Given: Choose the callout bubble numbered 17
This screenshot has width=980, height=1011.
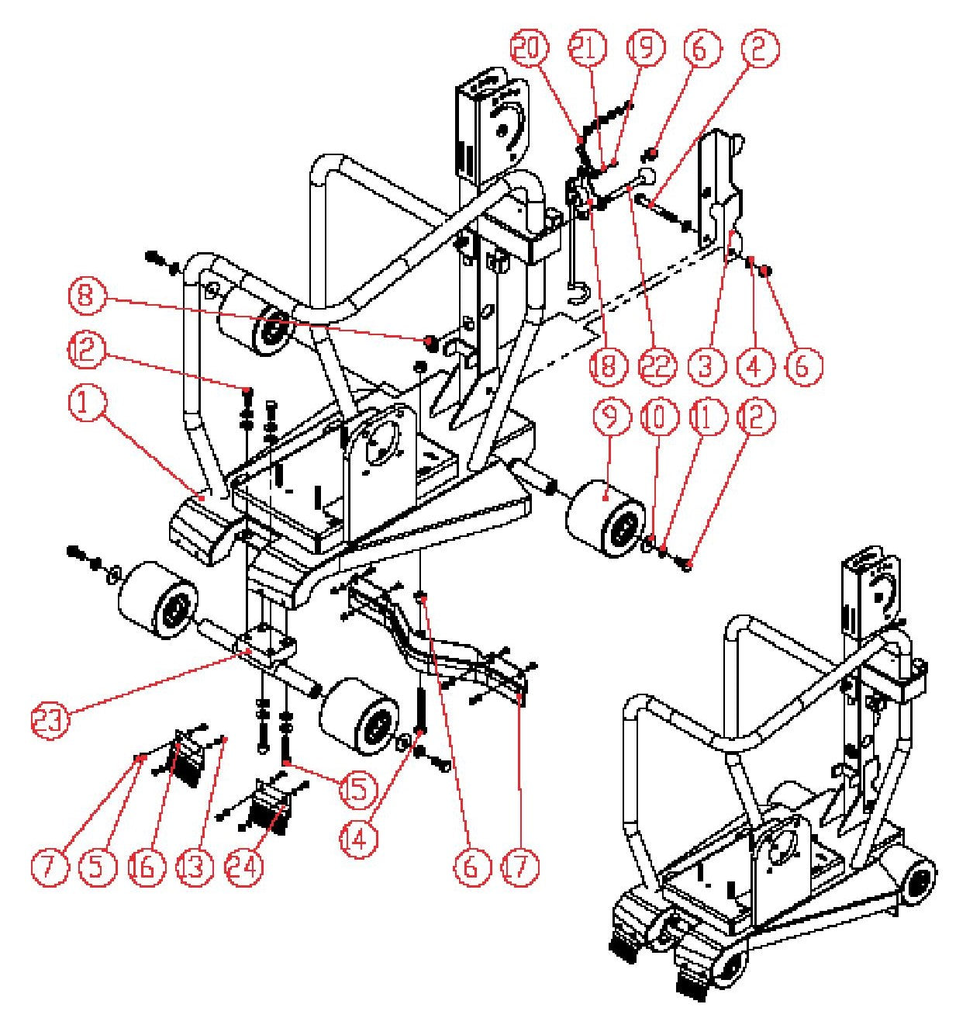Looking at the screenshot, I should [x=519, y=866].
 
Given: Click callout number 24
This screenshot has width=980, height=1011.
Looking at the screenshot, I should [x=243, y=866].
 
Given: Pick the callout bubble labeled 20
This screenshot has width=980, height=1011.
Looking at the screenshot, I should [x=529, y=48].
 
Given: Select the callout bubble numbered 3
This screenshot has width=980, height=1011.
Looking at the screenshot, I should [x=705, y=365].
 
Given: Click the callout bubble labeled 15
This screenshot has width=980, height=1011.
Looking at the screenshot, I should [x=357, y=789].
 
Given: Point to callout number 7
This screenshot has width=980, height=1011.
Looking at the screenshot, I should [x=51, y=866].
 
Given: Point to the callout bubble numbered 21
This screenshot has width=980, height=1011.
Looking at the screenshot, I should [x=587, y=48].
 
